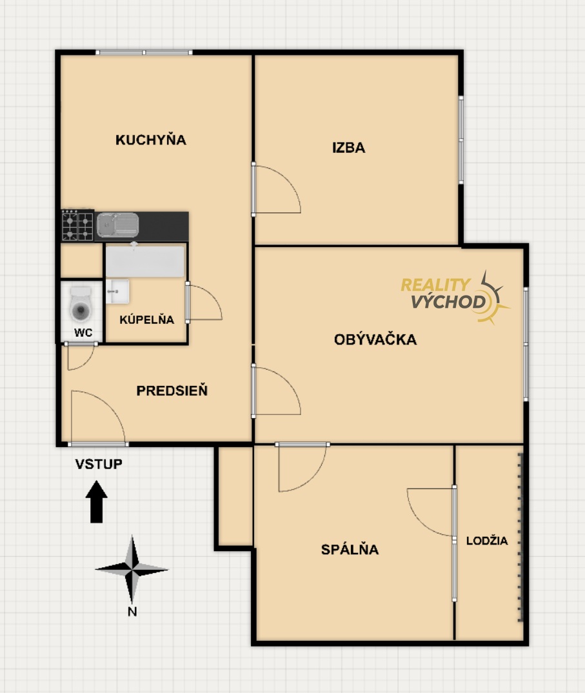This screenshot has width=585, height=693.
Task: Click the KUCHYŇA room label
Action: (151, 139)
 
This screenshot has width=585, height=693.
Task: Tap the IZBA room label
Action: (349, 148)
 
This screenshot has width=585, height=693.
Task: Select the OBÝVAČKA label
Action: (375, 339)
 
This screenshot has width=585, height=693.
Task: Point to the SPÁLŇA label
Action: (350, 549)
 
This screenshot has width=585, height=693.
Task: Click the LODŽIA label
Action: (487, 540)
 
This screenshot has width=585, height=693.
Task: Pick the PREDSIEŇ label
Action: (172, 390)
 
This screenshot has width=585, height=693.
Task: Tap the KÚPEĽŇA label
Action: (146, 319)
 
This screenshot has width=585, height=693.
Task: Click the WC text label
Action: (83, 333)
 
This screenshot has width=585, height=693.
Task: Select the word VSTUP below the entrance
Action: (99, 464)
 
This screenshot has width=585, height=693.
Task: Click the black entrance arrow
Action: (96, 501)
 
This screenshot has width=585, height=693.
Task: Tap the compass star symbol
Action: (132, 569)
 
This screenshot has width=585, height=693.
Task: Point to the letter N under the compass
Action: (132, 612)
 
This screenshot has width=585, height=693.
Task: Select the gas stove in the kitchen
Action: (78, 225)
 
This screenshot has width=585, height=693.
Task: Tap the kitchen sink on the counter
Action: (117, 225)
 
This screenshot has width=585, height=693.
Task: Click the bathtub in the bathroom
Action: (145, 261)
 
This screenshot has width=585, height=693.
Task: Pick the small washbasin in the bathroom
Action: (117, 292)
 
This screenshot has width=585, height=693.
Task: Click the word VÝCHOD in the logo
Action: (448, 302)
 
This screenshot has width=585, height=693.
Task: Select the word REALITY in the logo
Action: (435, 285)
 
